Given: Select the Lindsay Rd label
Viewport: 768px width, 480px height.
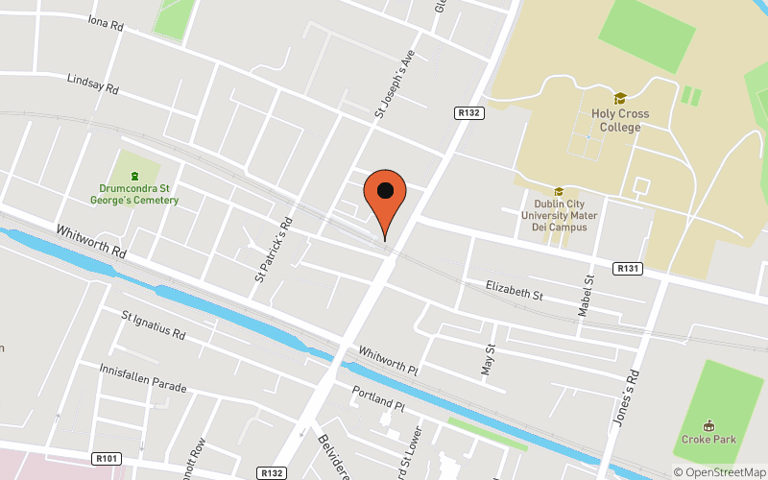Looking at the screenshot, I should [92, 84].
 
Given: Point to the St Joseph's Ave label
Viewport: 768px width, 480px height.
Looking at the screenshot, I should [393, 84].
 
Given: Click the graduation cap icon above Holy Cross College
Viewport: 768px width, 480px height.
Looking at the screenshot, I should [620, 98].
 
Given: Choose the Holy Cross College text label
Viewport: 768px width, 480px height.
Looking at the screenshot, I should [620, 120].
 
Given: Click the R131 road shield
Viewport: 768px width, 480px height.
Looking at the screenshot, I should [628, 268].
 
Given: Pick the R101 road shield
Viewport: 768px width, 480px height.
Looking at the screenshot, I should [108, 460].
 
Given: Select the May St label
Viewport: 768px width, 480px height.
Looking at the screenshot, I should [487, 358].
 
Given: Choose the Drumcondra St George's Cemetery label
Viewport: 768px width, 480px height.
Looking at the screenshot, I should [138, 194].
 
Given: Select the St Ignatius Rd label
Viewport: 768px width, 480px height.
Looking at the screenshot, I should [153, 326].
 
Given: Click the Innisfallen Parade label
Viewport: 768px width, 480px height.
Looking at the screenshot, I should [143, 377].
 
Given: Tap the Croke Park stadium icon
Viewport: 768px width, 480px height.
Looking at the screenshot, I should [709, 425].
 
